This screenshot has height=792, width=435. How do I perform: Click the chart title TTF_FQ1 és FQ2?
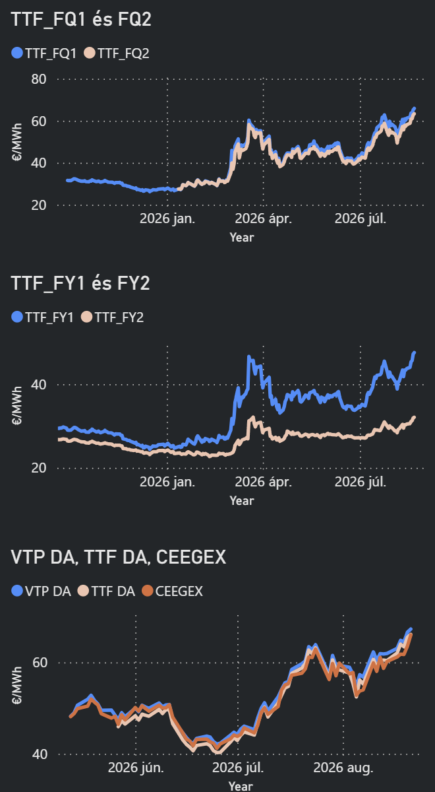[81, 19]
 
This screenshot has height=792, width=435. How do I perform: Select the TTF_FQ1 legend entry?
[43, 53]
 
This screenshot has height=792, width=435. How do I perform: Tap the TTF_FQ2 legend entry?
[117, 53]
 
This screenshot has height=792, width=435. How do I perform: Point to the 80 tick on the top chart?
[39, 79]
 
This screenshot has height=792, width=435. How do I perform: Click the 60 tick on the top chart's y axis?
[39, 121]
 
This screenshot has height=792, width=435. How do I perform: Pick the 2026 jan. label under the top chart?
[167, 218]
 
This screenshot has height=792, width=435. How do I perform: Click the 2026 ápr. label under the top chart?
[264, 218]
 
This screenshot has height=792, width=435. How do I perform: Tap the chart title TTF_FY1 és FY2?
[80, 283]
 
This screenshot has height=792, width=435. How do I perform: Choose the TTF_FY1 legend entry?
[42, 317]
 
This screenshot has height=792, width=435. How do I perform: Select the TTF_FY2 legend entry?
[112, 317]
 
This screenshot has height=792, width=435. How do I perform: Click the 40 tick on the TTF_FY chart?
[39, 385]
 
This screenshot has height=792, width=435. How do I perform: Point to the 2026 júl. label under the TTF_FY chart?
[361, 482]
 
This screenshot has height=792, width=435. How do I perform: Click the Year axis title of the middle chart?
[242, 501]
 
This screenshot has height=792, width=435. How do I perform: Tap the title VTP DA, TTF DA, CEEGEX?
[118, 557]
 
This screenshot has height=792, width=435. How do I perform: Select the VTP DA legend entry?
[42, 591]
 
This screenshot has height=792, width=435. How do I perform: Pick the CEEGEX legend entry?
[172, 591]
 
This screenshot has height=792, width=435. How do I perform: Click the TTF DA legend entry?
[106, 591]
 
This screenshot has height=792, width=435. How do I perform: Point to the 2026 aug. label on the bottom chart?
[343, 768]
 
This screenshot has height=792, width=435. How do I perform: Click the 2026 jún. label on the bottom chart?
[136, 768]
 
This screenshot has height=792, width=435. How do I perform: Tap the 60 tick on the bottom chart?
[40, 663]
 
